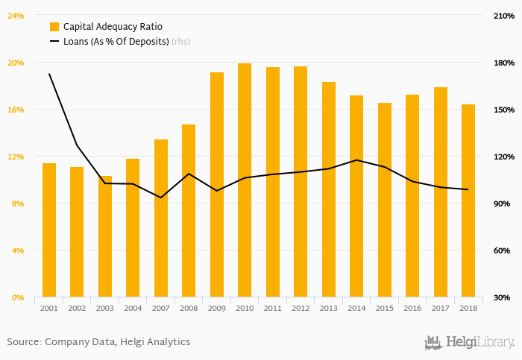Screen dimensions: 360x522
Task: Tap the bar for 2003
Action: (105, 236)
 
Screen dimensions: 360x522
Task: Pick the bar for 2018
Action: (468, 200)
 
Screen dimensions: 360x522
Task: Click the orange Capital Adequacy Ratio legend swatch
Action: (54, 27)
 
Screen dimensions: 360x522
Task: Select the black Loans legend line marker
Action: (54, 42)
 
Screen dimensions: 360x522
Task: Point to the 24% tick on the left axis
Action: (16, 16)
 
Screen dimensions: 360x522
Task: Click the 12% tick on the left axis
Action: (16, 157)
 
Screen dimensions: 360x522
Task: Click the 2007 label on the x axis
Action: (161, 308)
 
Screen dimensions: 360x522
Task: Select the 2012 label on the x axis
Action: (301, 308)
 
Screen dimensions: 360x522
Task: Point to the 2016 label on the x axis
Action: (412, 308)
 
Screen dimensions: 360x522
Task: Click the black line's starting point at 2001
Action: (49, 74)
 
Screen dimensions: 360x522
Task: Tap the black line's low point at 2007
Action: (161, 198)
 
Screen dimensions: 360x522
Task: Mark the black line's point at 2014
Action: (356, 160)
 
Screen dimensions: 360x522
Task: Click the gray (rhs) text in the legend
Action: (180, 42)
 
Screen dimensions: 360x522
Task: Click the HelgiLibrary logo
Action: (469, 342)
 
